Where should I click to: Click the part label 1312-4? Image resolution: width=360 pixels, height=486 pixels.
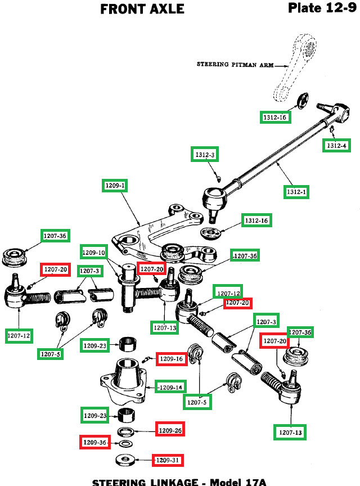pos(338,145)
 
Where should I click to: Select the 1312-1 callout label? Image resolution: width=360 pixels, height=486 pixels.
pos(296,192)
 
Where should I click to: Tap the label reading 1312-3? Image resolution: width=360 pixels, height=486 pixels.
pos(205,155)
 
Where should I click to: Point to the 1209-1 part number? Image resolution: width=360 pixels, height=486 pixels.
pos(116,185)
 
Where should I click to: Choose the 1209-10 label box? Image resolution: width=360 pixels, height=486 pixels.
pos(93,253)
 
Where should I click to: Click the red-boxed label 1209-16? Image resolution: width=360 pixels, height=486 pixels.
pos(172,358)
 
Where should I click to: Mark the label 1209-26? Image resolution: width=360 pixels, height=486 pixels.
pos(170,430)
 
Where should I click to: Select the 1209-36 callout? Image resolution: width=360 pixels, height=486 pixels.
pos(94,442)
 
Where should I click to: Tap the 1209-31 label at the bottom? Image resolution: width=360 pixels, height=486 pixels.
pos(168,460)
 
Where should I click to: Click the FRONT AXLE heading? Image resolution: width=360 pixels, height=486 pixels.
pos(142,9)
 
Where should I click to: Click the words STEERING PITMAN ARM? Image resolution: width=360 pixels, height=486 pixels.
pos(235,65)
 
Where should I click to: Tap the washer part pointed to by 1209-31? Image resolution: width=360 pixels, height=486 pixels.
pos(125,461)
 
